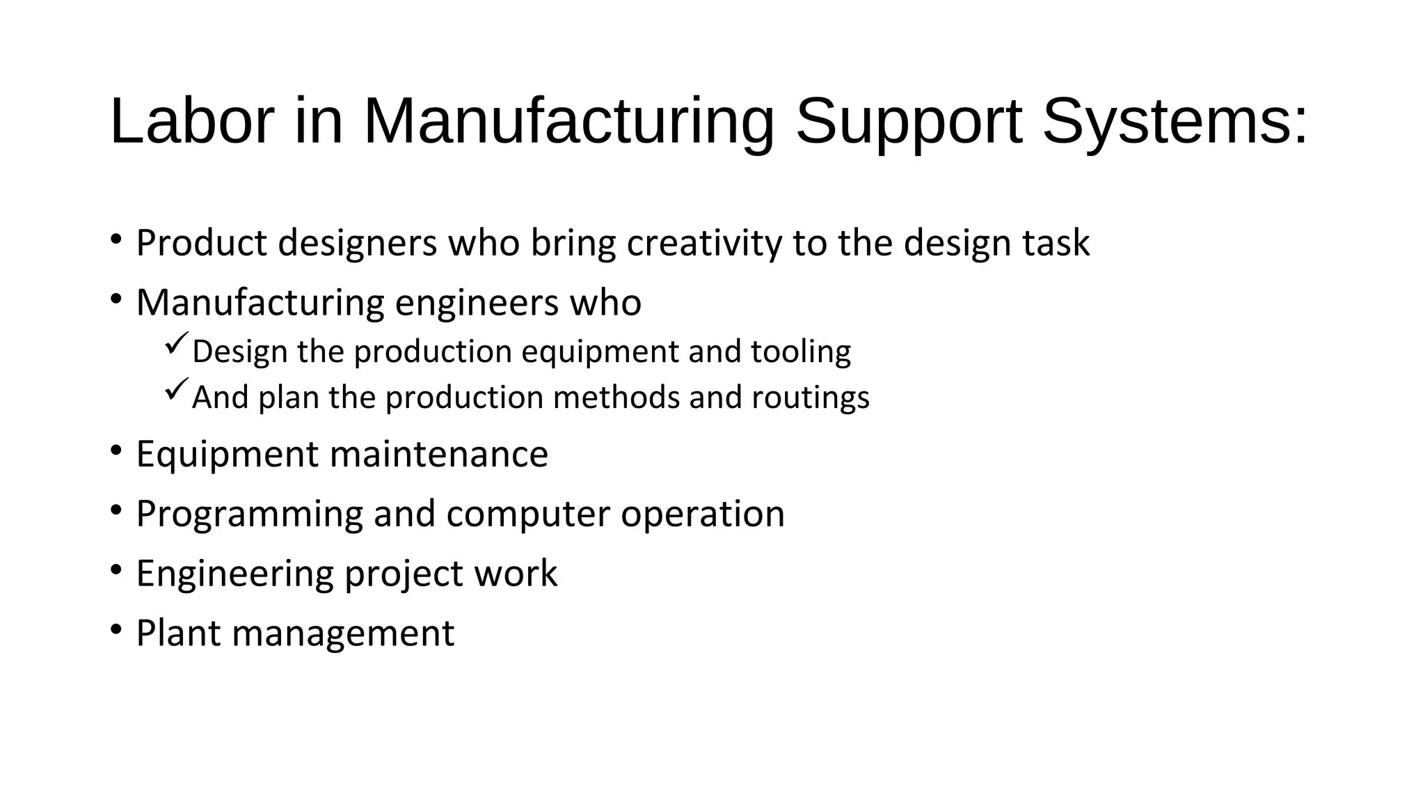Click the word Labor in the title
[192, 121]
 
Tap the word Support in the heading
[909, 123]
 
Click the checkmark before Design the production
[177, 343]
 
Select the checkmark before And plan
[177, 388]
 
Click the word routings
[811, 398]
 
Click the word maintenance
[438, 455]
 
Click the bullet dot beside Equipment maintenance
[116, 450]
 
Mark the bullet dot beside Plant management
[116, 629]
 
